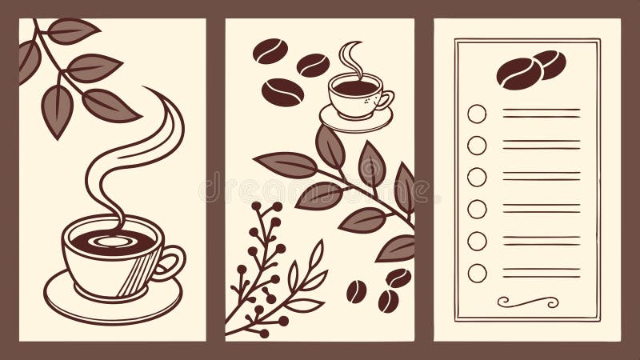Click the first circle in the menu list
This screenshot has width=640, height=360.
coord(477,114)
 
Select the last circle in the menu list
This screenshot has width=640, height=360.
coord(477,273)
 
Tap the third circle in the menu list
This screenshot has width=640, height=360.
coord(477,177)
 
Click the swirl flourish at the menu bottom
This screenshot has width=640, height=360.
coord(527,302)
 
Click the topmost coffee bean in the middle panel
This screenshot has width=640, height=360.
coord(270,50)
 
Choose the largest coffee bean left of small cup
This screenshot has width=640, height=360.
coord(282,92)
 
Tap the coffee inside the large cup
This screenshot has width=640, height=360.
coord(112,239)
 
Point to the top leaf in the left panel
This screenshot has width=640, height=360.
coord(72,30)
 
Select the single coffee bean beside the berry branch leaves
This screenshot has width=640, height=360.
coord(356,291)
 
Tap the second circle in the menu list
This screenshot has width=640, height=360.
coord(477,145)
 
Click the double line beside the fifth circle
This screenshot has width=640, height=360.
coord(542,241)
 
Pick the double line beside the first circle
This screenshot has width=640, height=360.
coord(542,114)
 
